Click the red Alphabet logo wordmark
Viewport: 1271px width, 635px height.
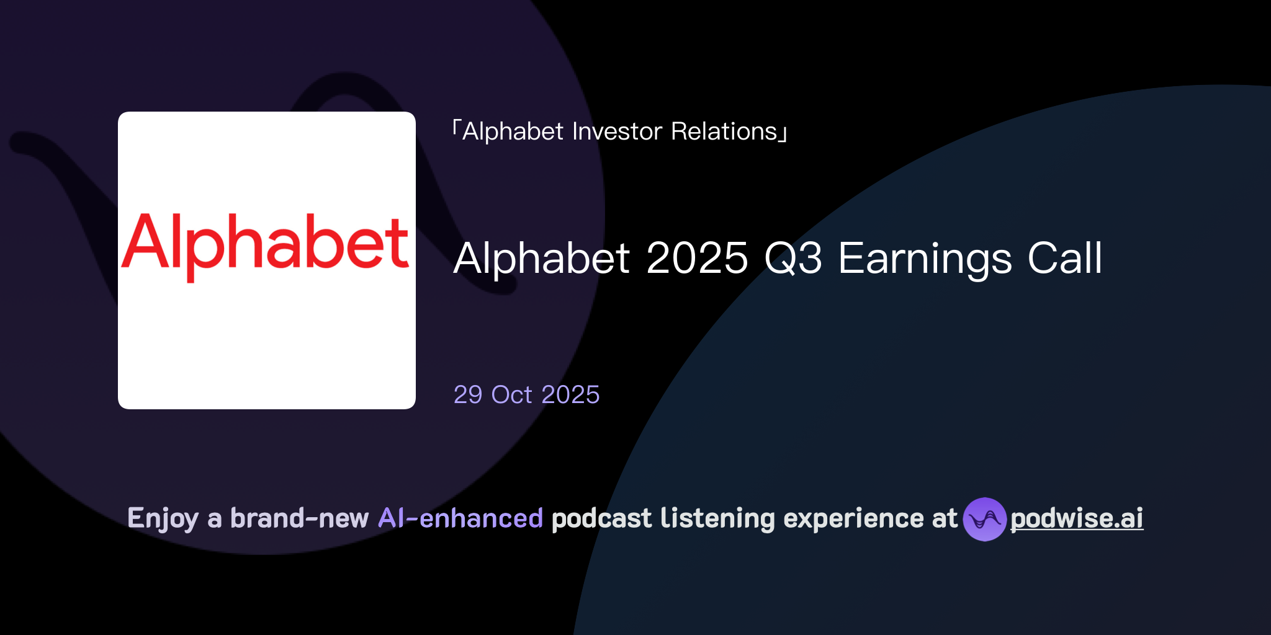[x=266, y=245]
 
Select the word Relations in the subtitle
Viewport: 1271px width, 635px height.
[x=724, y=131]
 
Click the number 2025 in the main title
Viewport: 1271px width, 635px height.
[x=697, y=258]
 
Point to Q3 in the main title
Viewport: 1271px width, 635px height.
[x=793, y=258]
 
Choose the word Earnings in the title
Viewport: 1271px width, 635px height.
[x=925, y=258]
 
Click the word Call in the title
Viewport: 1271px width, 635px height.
[x=1065, y=258]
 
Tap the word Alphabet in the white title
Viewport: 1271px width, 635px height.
[x=542, y=258]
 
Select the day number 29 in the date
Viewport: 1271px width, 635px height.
[x=468, y=395]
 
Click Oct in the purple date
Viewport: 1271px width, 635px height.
[x=511, y=395]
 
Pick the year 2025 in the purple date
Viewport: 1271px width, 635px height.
[x=570, y=395]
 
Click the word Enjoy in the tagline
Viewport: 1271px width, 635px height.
[x=163, y=519]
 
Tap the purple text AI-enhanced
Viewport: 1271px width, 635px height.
[x=460, y=518]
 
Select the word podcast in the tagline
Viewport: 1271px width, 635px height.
[x=601, y=518]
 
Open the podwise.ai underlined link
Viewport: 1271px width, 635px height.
[x=1077, y=518]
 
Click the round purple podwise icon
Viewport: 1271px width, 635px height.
[x=984, y=519]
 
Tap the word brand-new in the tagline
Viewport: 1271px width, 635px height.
[x=299, y=518]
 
